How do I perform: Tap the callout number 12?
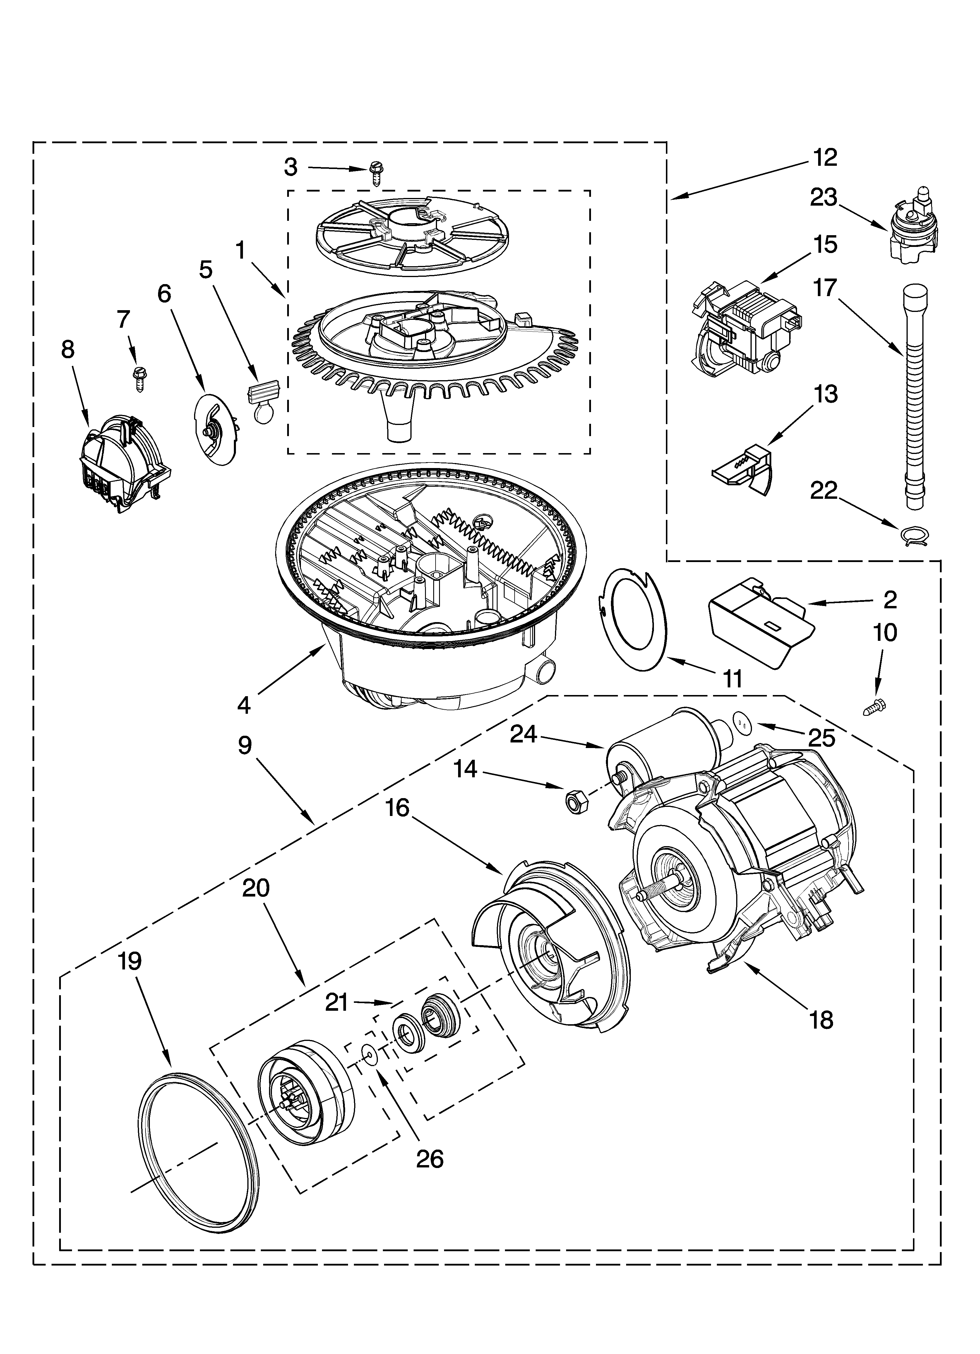[x=825, y=158]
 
